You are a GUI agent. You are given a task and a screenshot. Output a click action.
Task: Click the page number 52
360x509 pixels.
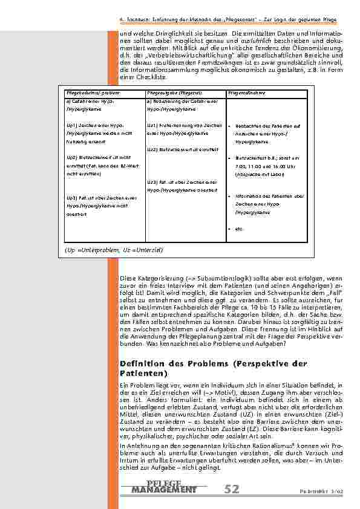pyautogui.click(x=231, y=488)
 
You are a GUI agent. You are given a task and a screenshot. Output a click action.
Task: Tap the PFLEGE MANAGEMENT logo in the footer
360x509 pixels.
pyautogui.click(x=164, y=486)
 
